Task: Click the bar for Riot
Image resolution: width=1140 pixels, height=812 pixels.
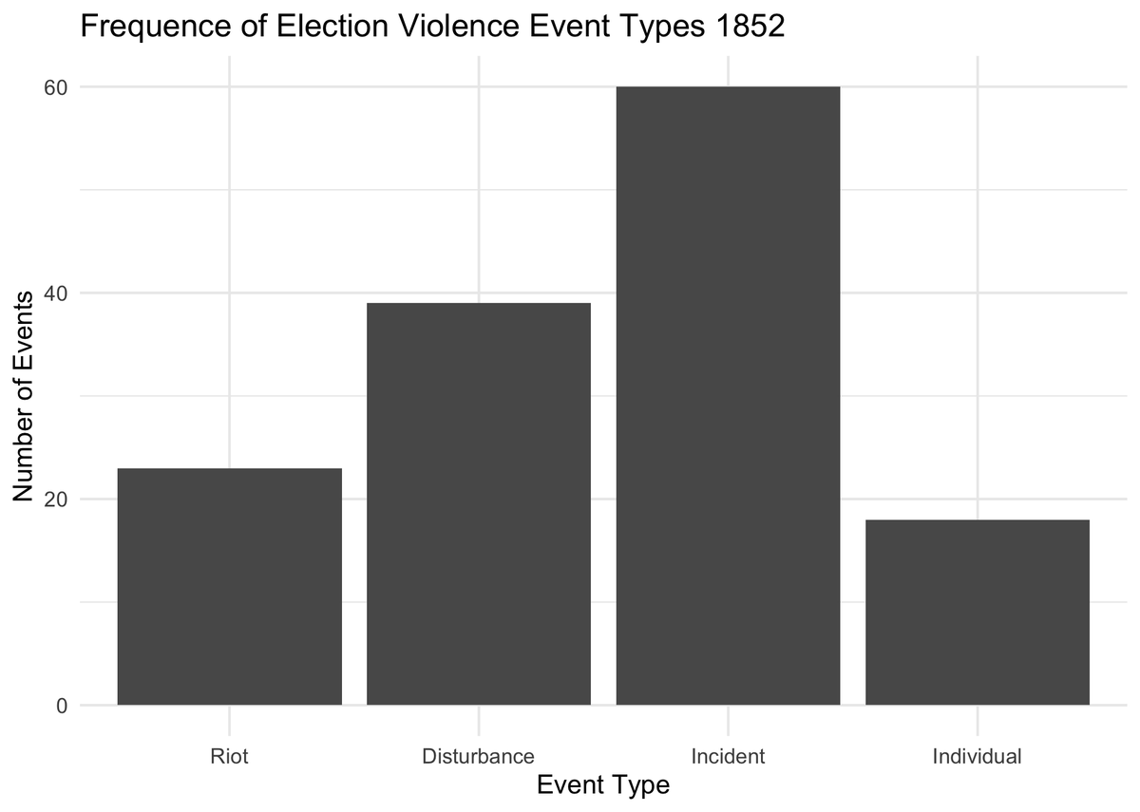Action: [229, 587]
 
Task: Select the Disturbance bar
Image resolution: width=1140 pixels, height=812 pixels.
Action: [479, 504]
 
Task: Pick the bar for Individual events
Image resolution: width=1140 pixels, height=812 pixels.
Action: [978, 613]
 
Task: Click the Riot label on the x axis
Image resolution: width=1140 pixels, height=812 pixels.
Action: [229, 757]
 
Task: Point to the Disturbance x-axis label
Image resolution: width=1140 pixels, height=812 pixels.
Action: [479, 757]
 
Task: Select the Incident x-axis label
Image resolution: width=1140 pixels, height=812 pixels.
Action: [728, 757]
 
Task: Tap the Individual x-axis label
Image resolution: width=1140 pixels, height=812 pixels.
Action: [978, 757]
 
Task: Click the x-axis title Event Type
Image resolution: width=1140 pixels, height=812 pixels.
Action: [603, 785]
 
